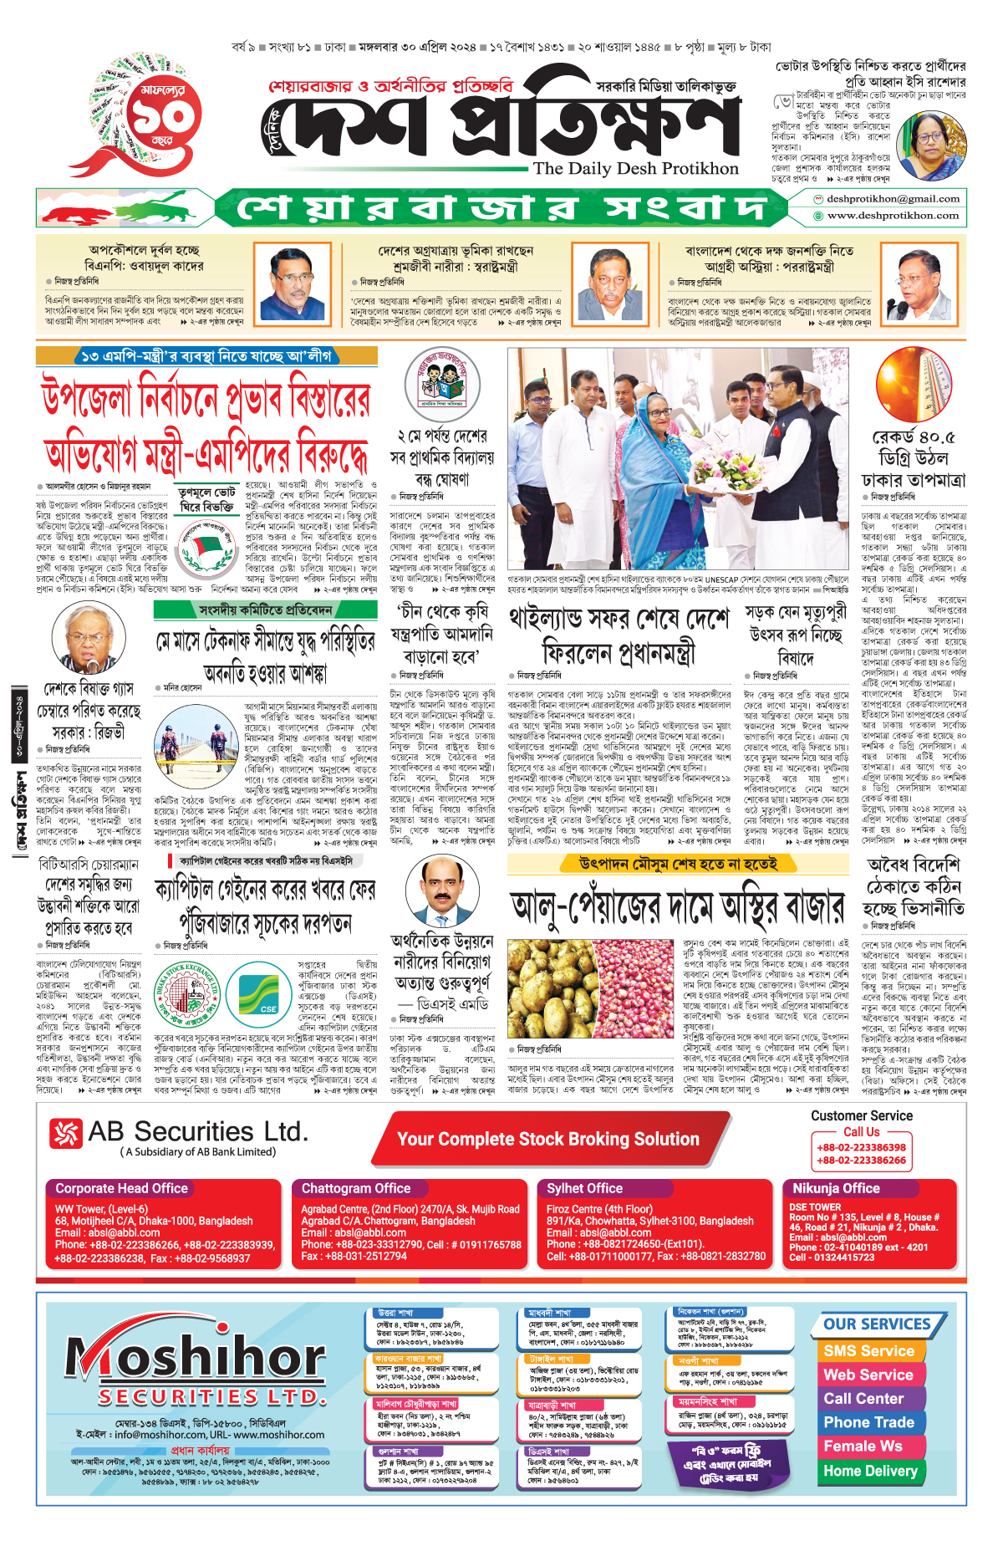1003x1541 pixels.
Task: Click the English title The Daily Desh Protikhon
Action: tap(635, 168)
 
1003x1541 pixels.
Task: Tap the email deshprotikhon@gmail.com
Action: tap(893, 199)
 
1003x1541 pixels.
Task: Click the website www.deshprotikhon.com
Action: tap(893, 215)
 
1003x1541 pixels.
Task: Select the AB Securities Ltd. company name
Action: tap(197, 1132)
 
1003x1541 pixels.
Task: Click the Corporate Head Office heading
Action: tap(121, 1188)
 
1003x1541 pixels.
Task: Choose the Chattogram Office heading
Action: tap(356, 1188)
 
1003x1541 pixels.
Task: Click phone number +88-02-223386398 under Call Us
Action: tap(861, 1147)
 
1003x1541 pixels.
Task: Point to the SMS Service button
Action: tap(868, 1350)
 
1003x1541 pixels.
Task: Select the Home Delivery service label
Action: tap(870, 1471)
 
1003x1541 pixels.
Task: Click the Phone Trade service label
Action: tap(868, 1422)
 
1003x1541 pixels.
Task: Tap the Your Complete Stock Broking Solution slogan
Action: tap(547, 1139)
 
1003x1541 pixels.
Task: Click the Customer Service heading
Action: tap(861, 1115)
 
